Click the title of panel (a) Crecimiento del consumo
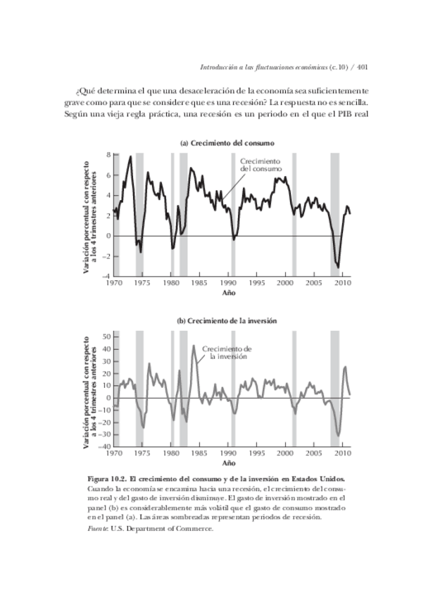[227, 143]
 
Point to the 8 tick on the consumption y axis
[108, 154]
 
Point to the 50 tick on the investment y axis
[107, 337]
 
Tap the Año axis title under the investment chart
[229, 464]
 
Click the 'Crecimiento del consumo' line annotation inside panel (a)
[261, 165]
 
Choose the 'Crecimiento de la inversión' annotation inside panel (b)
[227, 353]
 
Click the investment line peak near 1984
[194, 345]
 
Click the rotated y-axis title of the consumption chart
[87, 215]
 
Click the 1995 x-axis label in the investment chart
[257, 454]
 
